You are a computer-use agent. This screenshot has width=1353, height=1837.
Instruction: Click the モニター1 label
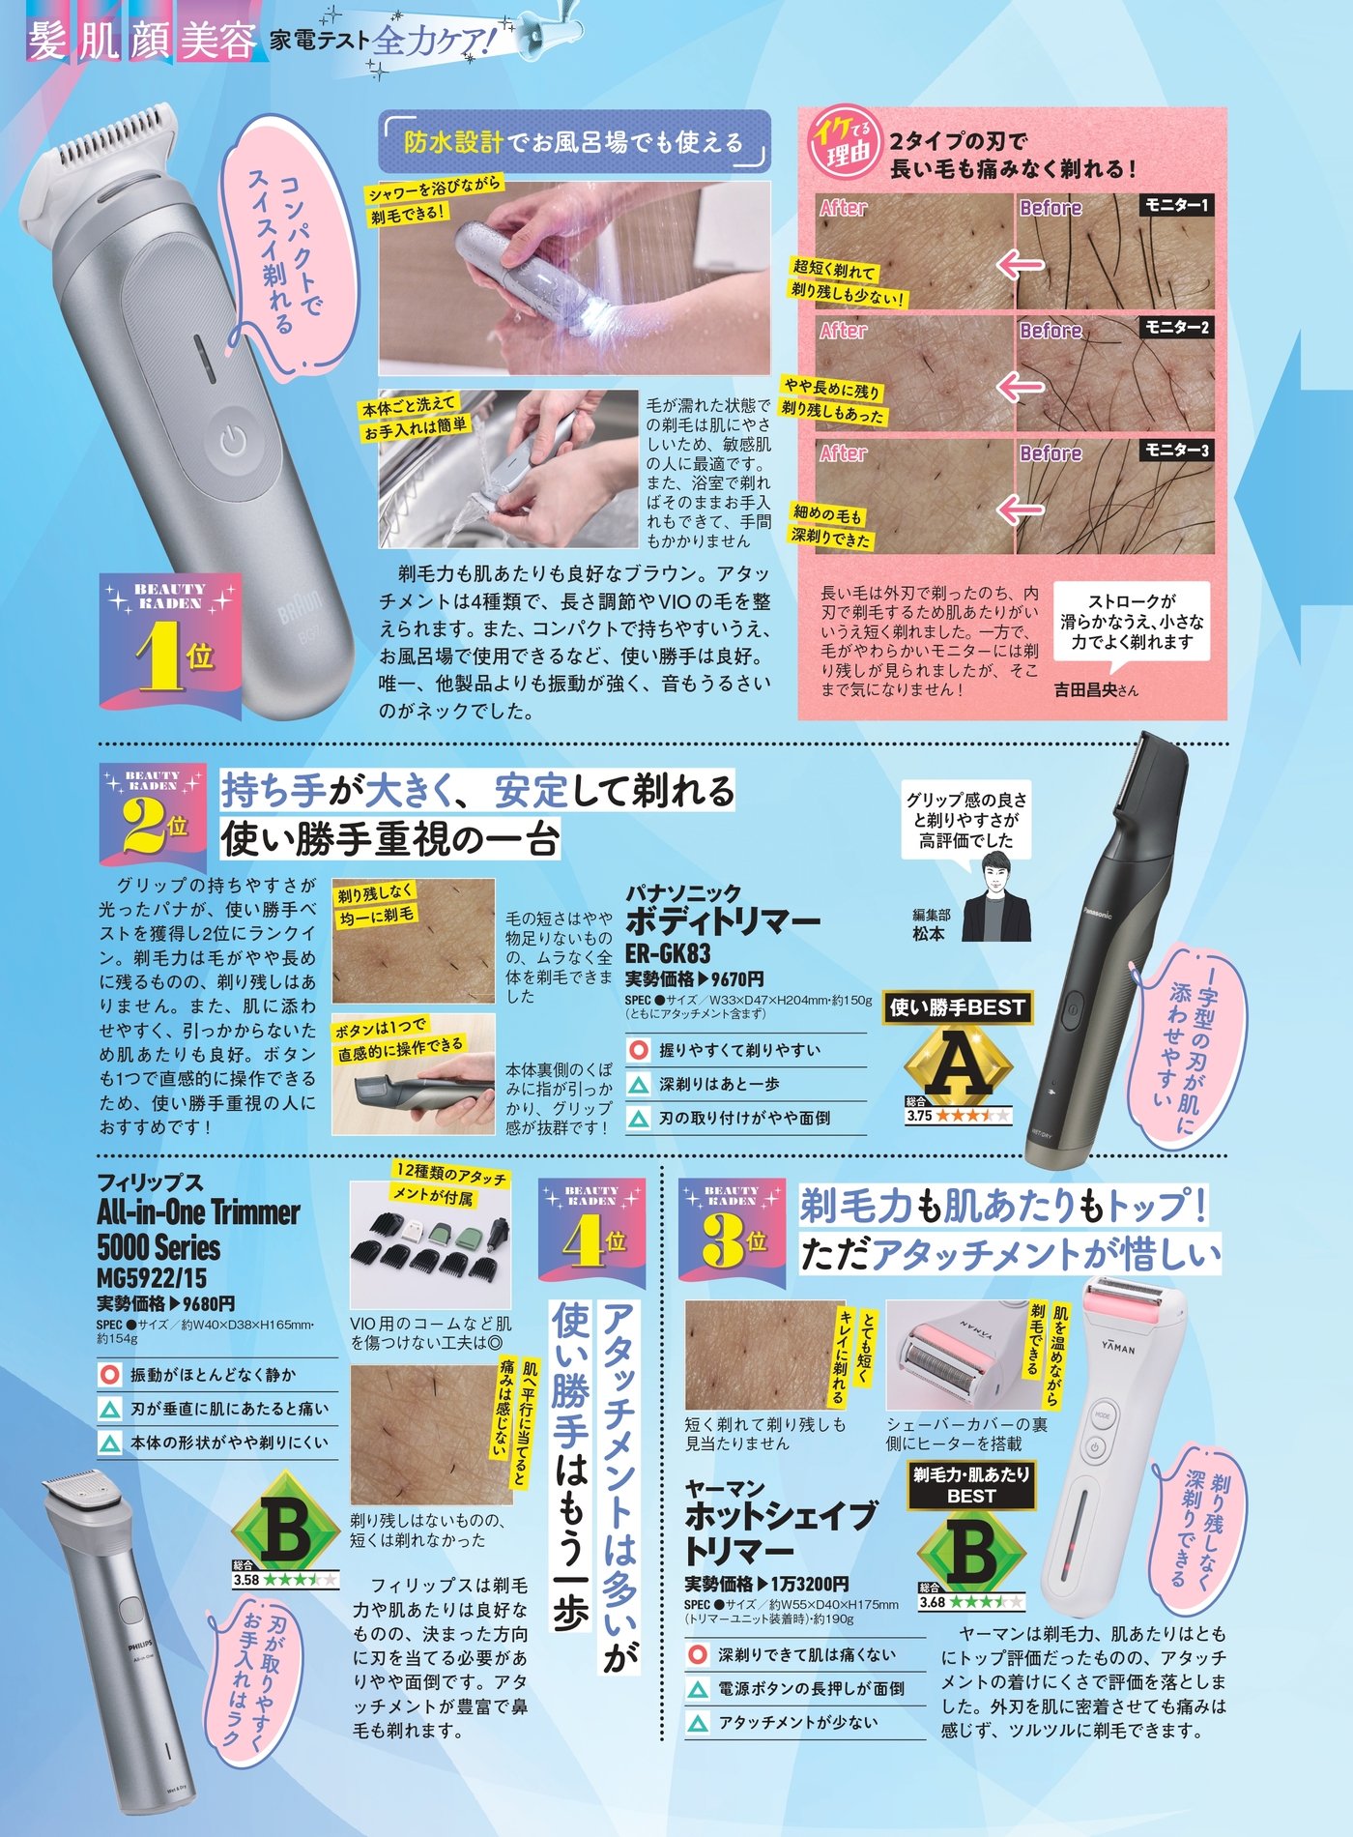1175,205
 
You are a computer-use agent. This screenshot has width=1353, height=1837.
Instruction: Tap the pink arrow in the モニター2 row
1021,386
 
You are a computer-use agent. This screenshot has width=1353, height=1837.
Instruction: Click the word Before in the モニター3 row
1051,453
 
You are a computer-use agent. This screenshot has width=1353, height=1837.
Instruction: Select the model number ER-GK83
668,953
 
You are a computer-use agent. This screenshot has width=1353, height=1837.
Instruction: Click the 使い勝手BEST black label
957,1007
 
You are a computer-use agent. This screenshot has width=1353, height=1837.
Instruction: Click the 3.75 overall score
919,1115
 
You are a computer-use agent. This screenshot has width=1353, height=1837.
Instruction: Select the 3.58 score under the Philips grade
246,1580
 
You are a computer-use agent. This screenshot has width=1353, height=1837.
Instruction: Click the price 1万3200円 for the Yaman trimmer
809,1585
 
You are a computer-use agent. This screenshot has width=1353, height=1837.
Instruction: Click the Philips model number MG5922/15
152,1276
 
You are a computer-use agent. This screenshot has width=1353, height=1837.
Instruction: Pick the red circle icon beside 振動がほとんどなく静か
110,1374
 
